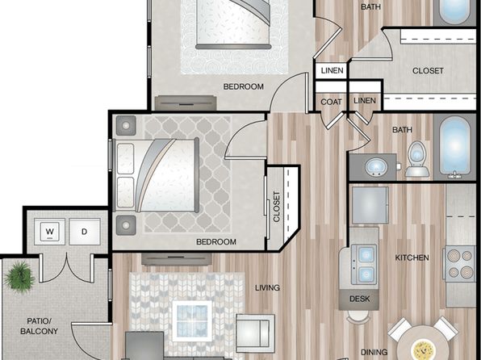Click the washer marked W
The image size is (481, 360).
49,232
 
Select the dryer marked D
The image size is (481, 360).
85,232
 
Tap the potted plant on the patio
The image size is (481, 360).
19,277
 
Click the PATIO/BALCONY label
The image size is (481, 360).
39,326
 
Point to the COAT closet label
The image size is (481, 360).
332,102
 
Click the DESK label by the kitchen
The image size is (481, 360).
359,299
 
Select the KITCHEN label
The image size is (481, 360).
412,257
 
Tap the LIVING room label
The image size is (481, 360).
267,287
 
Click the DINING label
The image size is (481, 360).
374,352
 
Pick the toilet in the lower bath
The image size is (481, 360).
417,159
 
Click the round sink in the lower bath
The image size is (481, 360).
376,166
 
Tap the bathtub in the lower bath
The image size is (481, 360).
454,147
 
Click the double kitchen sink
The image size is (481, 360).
364,264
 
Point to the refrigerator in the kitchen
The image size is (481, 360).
370,205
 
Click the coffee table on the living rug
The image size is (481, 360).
192,320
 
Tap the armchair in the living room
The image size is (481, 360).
255,333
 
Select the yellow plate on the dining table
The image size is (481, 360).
424,350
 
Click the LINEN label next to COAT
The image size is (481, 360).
365,100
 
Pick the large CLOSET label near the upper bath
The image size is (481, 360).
428,71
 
